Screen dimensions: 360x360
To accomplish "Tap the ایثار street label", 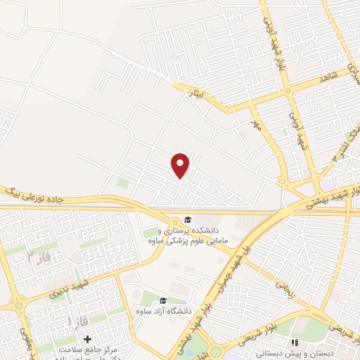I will tap(194, 91).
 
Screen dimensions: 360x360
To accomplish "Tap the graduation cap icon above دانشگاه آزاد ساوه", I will tap(164, 301).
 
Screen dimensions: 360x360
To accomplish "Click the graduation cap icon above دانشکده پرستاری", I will tap(188, 219).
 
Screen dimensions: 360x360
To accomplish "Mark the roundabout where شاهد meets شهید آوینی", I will tap(287, 91).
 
